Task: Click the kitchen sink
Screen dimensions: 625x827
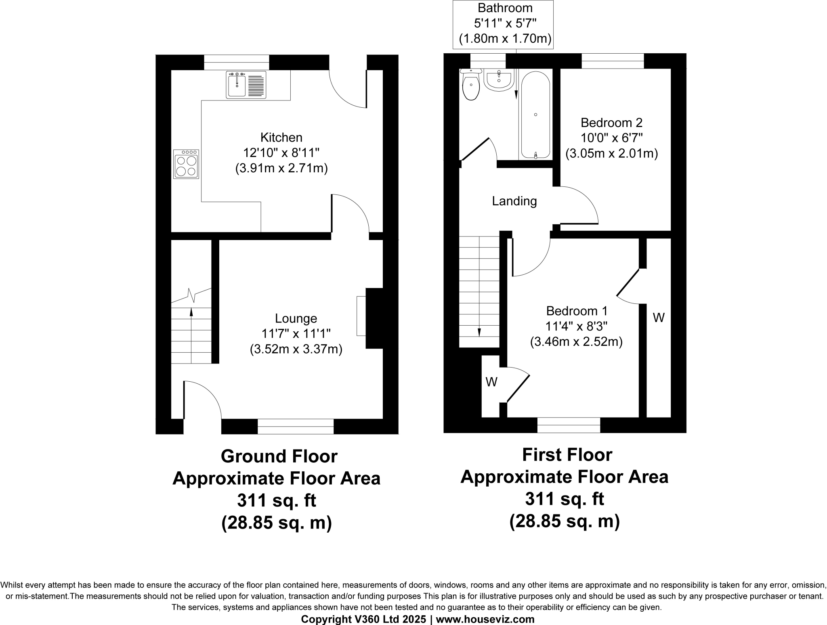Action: [246, 85]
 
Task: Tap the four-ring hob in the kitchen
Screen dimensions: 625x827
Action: [186, 164]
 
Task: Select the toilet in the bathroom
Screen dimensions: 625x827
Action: [471, 86]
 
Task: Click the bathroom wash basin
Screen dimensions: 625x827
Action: [499, 81]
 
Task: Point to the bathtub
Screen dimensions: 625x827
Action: [535, 115]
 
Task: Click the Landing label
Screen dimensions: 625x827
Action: [514, 201]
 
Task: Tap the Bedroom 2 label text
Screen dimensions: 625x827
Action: [611, 123]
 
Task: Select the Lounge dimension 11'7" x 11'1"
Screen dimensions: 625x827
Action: [296, 334]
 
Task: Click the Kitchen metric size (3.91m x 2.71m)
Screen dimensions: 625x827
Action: [281, 168]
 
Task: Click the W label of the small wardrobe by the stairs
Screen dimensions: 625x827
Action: [491, 382]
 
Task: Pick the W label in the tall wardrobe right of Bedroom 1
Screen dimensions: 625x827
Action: [659, 318]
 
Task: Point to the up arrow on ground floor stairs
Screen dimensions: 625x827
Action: [191, 312]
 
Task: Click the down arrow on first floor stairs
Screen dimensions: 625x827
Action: [479, 332]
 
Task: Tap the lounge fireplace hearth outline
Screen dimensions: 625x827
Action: [361, 316]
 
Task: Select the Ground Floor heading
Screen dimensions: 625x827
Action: [279, 456]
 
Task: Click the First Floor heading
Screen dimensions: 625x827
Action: [567, 455]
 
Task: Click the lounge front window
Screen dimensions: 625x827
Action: [296, 426]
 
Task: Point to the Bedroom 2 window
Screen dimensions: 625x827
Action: [613, 61]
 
